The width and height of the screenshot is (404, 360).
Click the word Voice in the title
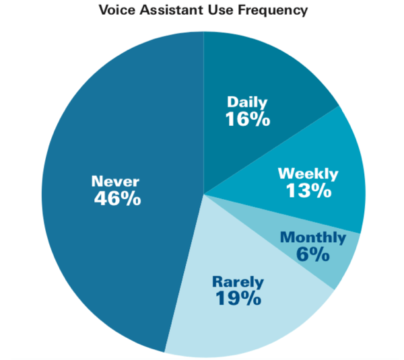pyautogui.click(x=118, y=10)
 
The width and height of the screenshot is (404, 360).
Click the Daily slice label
pyautogui.click(x=247, y=102)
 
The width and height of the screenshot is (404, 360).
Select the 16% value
pyautogui.click(x=248, y=119)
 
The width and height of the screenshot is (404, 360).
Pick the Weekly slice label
pyautogui.click(x=308, y=174)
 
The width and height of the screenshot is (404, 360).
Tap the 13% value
pyautogui.click(x=308, y=191)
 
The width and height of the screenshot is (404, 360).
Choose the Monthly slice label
pyautogui.click(x=313, y=238)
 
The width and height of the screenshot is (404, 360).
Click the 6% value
pyautogui.click(x=313, y=254)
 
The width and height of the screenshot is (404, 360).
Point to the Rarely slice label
pyautogui.click(x=238, y=282)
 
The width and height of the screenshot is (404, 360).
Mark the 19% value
pyautogui.click(x=238, y=298)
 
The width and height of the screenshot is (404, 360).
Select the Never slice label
pyautogui.click(x=115, y=181)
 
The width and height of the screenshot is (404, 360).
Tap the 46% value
pyautogui.click(x=117, y=199)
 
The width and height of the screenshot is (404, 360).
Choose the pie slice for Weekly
pyautogui.click(x=335, y=155)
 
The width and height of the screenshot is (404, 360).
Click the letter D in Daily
pyautogui.click(x=233, y=102)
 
